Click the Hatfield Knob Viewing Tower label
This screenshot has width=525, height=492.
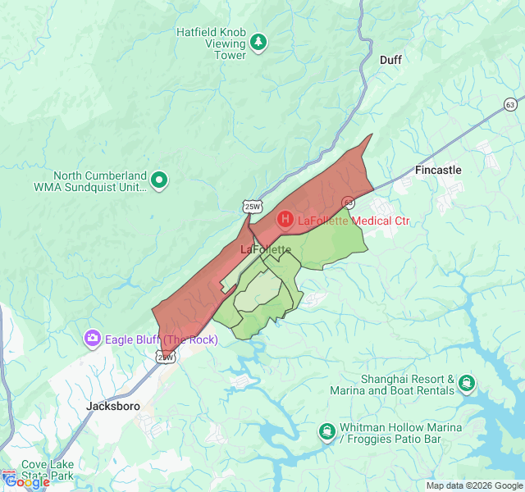[x=212, y=43]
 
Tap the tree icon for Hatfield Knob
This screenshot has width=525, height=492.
[x=259, y=40]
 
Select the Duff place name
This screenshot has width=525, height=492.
[x=390, y=60]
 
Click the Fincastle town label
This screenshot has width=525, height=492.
[x=438, y=170]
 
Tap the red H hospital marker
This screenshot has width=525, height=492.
[x=285, y=220]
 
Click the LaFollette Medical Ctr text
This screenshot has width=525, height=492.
[x=353, y=221]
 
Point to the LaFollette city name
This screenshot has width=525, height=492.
[x=266, y=248]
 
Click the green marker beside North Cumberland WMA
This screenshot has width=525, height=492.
[x=160, y=180]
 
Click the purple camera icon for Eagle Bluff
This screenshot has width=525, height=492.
[x=93, y=339]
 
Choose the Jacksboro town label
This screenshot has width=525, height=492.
[x=113, y=406]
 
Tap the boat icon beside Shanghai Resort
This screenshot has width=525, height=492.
[x=468, y=383]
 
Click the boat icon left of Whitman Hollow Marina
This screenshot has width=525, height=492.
[x=327, y=431]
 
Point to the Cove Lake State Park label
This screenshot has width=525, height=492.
[x=47, y=469]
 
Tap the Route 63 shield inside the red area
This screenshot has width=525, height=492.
[x=348, y=201]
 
